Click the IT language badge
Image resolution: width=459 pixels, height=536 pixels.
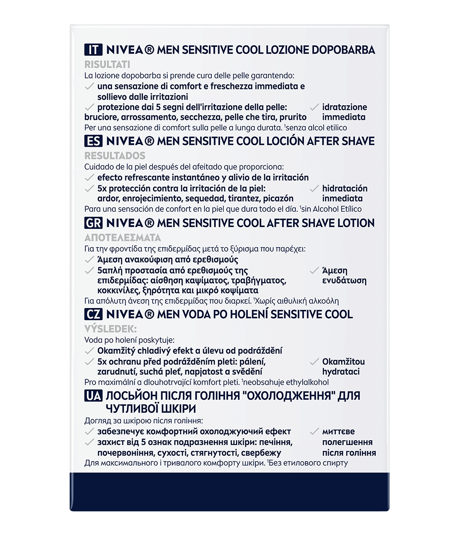click(x=93, y=50)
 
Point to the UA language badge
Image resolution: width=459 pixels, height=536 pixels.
click(x=93, y=396)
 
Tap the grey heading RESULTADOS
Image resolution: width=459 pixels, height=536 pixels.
click(x=115, y=155)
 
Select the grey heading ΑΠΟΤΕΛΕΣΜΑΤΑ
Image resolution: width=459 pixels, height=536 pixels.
click(x=123, y=238)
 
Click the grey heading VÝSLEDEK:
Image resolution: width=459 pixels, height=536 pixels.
click(x=110, y=328)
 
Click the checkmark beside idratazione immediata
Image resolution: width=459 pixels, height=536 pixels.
click(x=314, y=108)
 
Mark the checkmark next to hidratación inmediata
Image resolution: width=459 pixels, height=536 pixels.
click(x=314, y=189)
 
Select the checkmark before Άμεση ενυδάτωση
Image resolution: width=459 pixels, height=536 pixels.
click(x=314, y=271)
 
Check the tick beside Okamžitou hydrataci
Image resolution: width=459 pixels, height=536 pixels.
click(x=314, y=362)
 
